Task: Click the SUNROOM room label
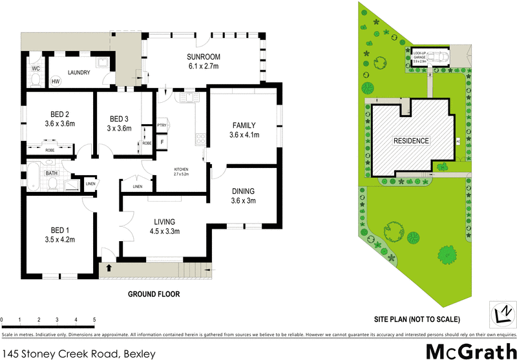(204, 56)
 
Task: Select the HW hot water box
(56, 81)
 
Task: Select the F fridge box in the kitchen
(162, 141)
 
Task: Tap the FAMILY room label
(243, 125)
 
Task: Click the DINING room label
(243, 191)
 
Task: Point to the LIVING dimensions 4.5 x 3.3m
(165, 231)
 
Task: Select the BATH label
(51, 173)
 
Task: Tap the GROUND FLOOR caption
(153, 293)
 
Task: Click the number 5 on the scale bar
(94, 320)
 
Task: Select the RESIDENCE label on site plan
(412, 140)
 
